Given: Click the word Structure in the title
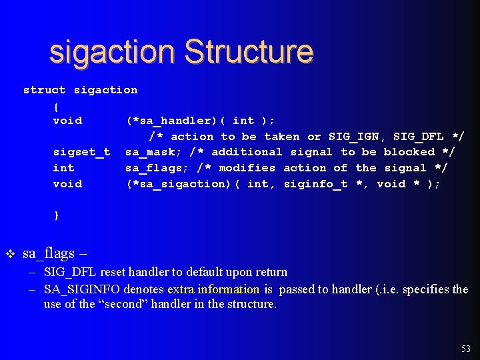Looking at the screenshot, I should [249, 52].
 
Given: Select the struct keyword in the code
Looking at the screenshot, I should [45, 90].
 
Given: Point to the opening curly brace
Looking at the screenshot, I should [56, 105].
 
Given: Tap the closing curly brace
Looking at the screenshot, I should [56, 215].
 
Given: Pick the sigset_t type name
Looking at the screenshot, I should [81, 152].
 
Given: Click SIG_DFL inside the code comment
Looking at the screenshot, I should [419, 137].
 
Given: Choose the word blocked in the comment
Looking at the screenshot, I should [409, 152].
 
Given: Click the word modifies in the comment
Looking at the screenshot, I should [247, 168].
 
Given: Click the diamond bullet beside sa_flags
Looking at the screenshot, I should [10, 254].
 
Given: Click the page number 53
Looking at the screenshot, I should [466, 349].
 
